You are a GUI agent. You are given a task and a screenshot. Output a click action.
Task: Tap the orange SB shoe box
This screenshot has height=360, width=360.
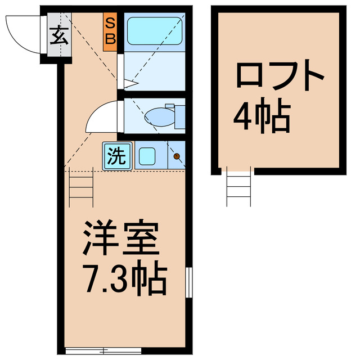pos(110,31)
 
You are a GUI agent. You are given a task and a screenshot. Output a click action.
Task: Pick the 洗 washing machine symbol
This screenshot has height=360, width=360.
pos(117,156)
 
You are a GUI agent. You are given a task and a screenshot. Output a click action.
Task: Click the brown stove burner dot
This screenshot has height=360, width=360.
pos(176,156)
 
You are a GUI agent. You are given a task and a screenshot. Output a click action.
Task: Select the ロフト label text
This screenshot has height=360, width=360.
pos(280,78)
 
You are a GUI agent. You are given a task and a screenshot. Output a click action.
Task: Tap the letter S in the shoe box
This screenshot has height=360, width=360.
pos(110,24)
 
